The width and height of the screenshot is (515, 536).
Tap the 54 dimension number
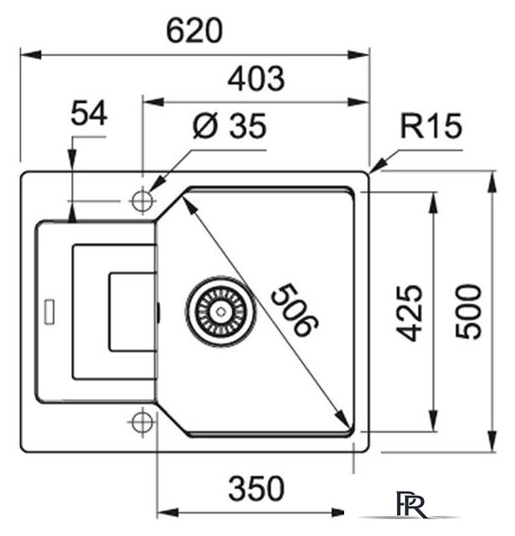(89, 114)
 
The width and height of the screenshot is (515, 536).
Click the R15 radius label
(430, 127)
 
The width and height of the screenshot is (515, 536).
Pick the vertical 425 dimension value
(409, 311)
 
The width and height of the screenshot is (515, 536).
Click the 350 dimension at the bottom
(255, 487)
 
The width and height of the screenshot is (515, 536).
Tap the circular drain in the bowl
(219, 309)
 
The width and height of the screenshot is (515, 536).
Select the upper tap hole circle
(142, 201)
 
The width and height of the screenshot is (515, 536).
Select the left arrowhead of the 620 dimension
(26, 54)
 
